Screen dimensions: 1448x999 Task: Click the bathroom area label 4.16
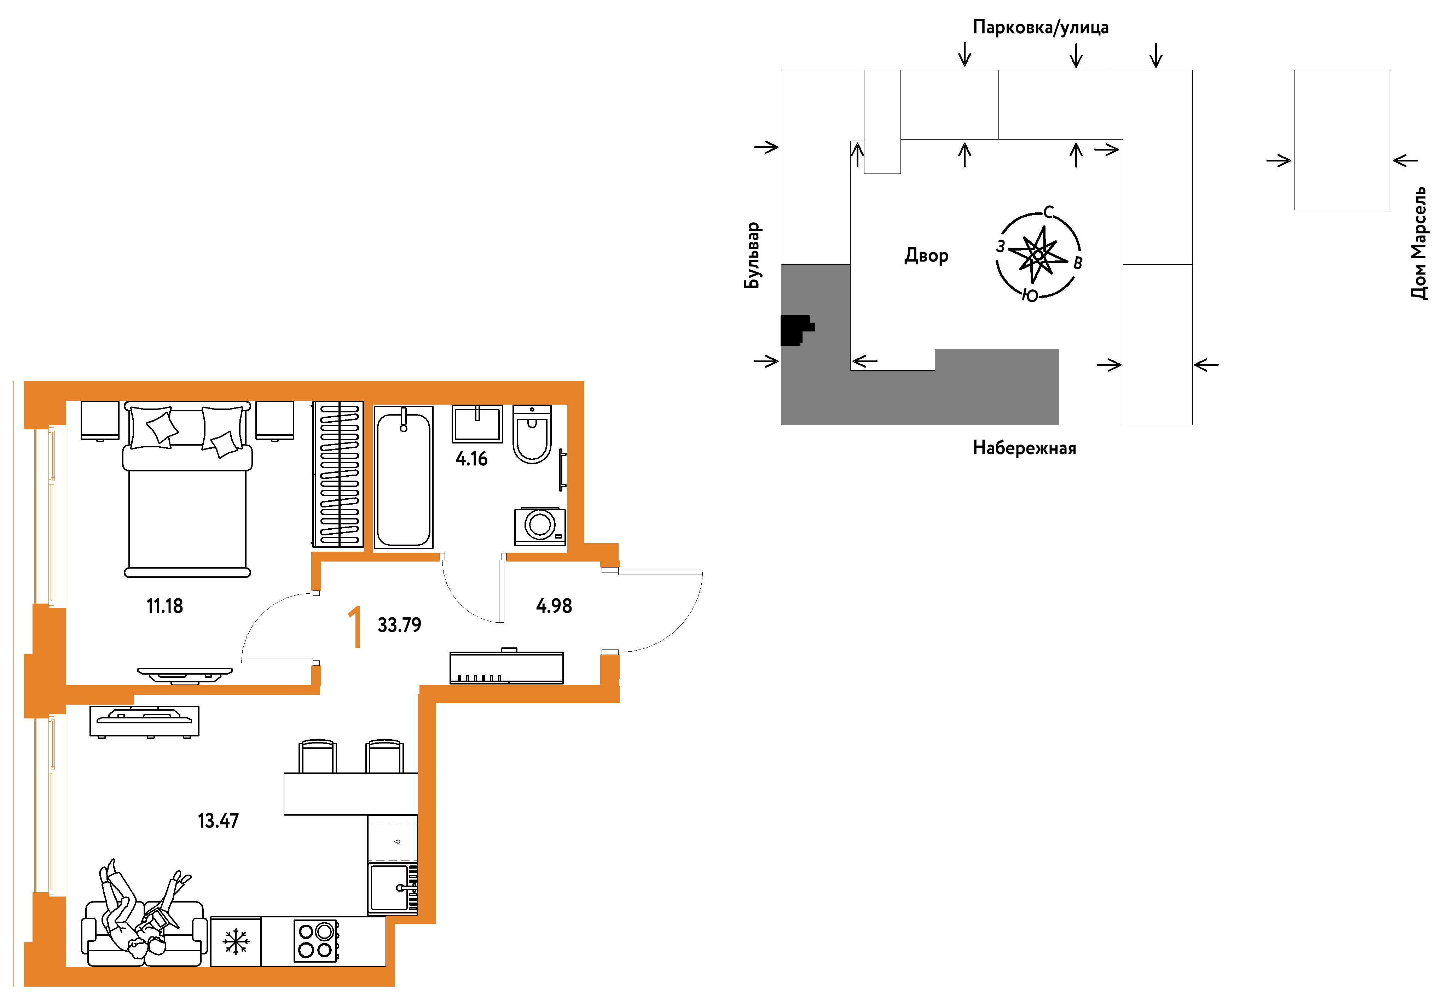pos(471,459)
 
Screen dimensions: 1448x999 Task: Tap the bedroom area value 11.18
pos(165,606)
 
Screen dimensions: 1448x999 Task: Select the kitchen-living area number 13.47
pos(218,821)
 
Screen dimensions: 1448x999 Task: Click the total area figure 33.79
pos(400,625)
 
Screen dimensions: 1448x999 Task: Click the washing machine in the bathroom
pos(540,526)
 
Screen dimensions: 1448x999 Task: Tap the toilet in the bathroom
pos(532,434)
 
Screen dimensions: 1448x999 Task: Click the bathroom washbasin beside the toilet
pos(477,424)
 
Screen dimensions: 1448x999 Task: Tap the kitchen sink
pos(393,888)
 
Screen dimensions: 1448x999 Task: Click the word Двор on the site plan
pos(926,255)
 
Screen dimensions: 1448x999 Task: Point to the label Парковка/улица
pos(1040,27)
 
